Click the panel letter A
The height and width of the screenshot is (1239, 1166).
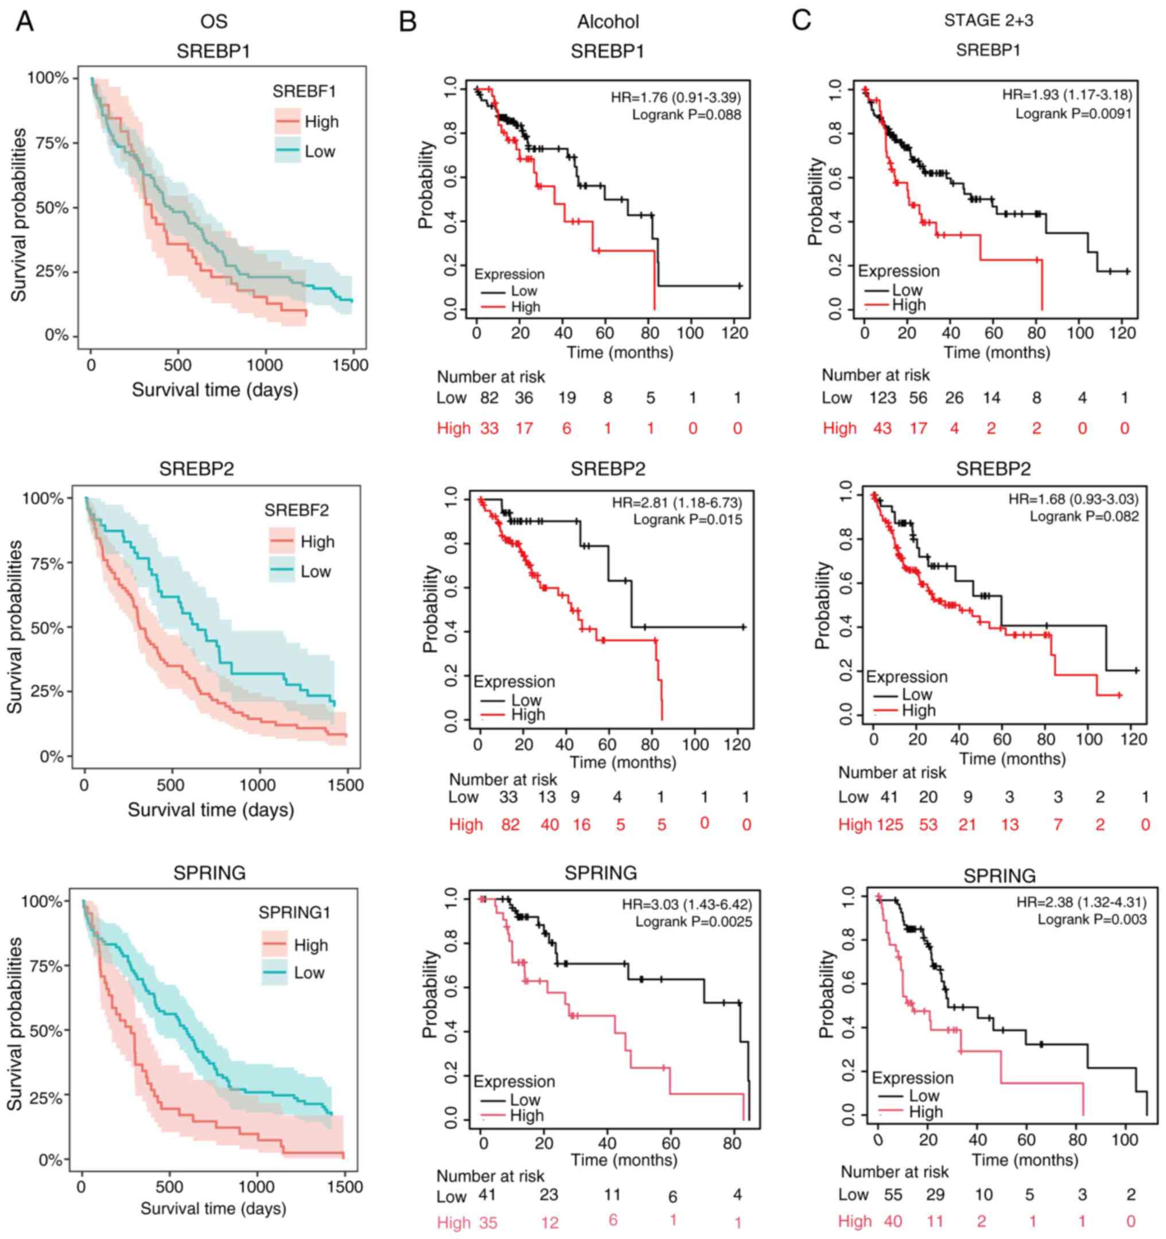[24, 22]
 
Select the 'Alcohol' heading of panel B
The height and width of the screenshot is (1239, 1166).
[608, 22]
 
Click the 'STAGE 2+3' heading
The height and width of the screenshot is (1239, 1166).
[988, 21]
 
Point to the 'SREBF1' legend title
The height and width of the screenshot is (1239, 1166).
[304, 92]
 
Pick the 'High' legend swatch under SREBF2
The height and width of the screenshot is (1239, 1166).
[282, 542]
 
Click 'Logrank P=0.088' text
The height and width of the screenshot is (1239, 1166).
[686, 115]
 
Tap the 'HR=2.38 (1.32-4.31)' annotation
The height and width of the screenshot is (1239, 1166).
[1081, 902]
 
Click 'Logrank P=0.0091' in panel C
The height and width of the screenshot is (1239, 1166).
[1073, 114]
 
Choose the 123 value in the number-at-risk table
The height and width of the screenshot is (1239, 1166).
[883, 398]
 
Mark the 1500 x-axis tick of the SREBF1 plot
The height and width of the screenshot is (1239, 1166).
[350, 364]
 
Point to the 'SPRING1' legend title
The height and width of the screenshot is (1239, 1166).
[294, 912]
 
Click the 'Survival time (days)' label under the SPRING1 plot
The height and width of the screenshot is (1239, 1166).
[213, 1209]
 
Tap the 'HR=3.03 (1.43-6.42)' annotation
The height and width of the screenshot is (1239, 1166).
[687, 904]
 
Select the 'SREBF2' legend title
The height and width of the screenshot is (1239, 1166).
[297, 510]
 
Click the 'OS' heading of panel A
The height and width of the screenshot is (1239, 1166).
[214, 22]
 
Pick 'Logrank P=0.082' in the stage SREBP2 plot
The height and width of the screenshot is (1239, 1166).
[1084, 516]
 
